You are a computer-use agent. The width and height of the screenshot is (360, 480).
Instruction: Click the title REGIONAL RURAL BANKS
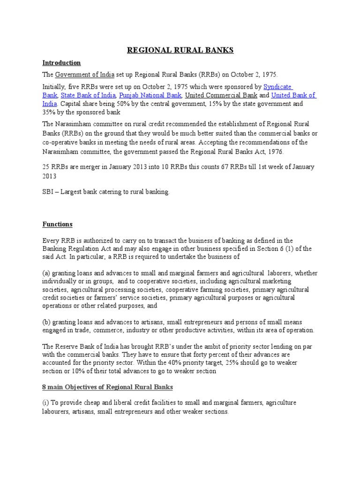[x=180, y=51]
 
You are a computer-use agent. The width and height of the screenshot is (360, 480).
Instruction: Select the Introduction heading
[x=61, y=63]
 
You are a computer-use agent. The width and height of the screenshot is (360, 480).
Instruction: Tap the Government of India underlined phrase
[x=85, y=75]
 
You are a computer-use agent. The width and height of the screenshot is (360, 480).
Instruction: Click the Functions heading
[x=58, y=225]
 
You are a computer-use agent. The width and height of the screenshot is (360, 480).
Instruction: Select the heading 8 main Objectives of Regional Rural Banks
[x=107, y=387]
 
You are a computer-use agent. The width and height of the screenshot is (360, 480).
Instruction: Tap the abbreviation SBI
[x=49, y=192]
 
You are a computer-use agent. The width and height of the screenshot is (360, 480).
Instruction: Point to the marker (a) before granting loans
[x=46, y=273]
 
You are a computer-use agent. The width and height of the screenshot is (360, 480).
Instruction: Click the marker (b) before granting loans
[x=46, y=322]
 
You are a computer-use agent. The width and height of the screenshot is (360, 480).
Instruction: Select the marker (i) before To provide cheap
[x=46, y=403]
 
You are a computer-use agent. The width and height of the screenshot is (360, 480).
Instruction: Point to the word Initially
[x=54, y=87]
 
